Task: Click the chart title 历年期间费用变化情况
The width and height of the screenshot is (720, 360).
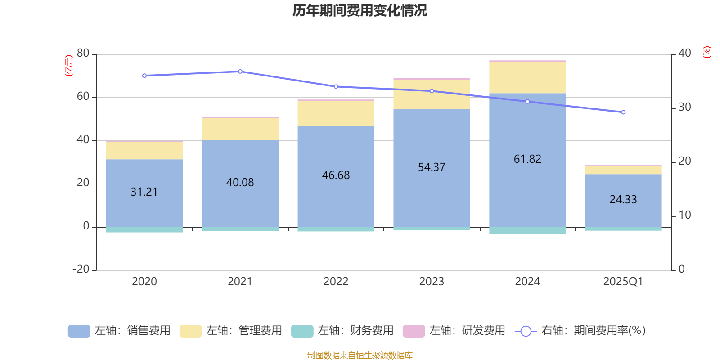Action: pos(360,10)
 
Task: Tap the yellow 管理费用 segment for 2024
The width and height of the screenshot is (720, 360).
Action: pos(527,77)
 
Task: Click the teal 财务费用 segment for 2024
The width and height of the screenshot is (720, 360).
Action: pos(527,230)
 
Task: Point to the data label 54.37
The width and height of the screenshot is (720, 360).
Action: pos(432,167)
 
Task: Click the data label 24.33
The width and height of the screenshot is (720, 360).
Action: pos(623,199)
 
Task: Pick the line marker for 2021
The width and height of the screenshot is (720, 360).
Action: pos(240,72)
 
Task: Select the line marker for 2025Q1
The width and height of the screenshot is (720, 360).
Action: pos(623,112)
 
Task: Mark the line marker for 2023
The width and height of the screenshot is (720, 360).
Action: pos(432,91)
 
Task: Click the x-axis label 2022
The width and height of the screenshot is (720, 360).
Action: pos(336,282)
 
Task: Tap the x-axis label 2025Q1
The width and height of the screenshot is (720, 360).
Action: pos(623,282)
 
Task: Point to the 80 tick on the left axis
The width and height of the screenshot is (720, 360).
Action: pos(83,54)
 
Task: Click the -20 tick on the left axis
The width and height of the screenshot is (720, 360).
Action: pos(81,269)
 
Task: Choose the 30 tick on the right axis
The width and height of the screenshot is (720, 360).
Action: pos(684,107)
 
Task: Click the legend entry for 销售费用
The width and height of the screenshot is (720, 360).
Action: pos(119,331)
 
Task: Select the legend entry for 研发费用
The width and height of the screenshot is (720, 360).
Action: pos(454,331)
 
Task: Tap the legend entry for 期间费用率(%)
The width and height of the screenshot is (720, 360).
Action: pos(580,331)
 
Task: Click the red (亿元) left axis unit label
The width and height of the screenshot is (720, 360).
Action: pos(69,66)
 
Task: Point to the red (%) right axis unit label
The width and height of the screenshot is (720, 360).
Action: pos(706,52)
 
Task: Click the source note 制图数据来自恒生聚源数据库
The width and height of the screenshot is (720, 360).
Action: pos(360,355)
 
